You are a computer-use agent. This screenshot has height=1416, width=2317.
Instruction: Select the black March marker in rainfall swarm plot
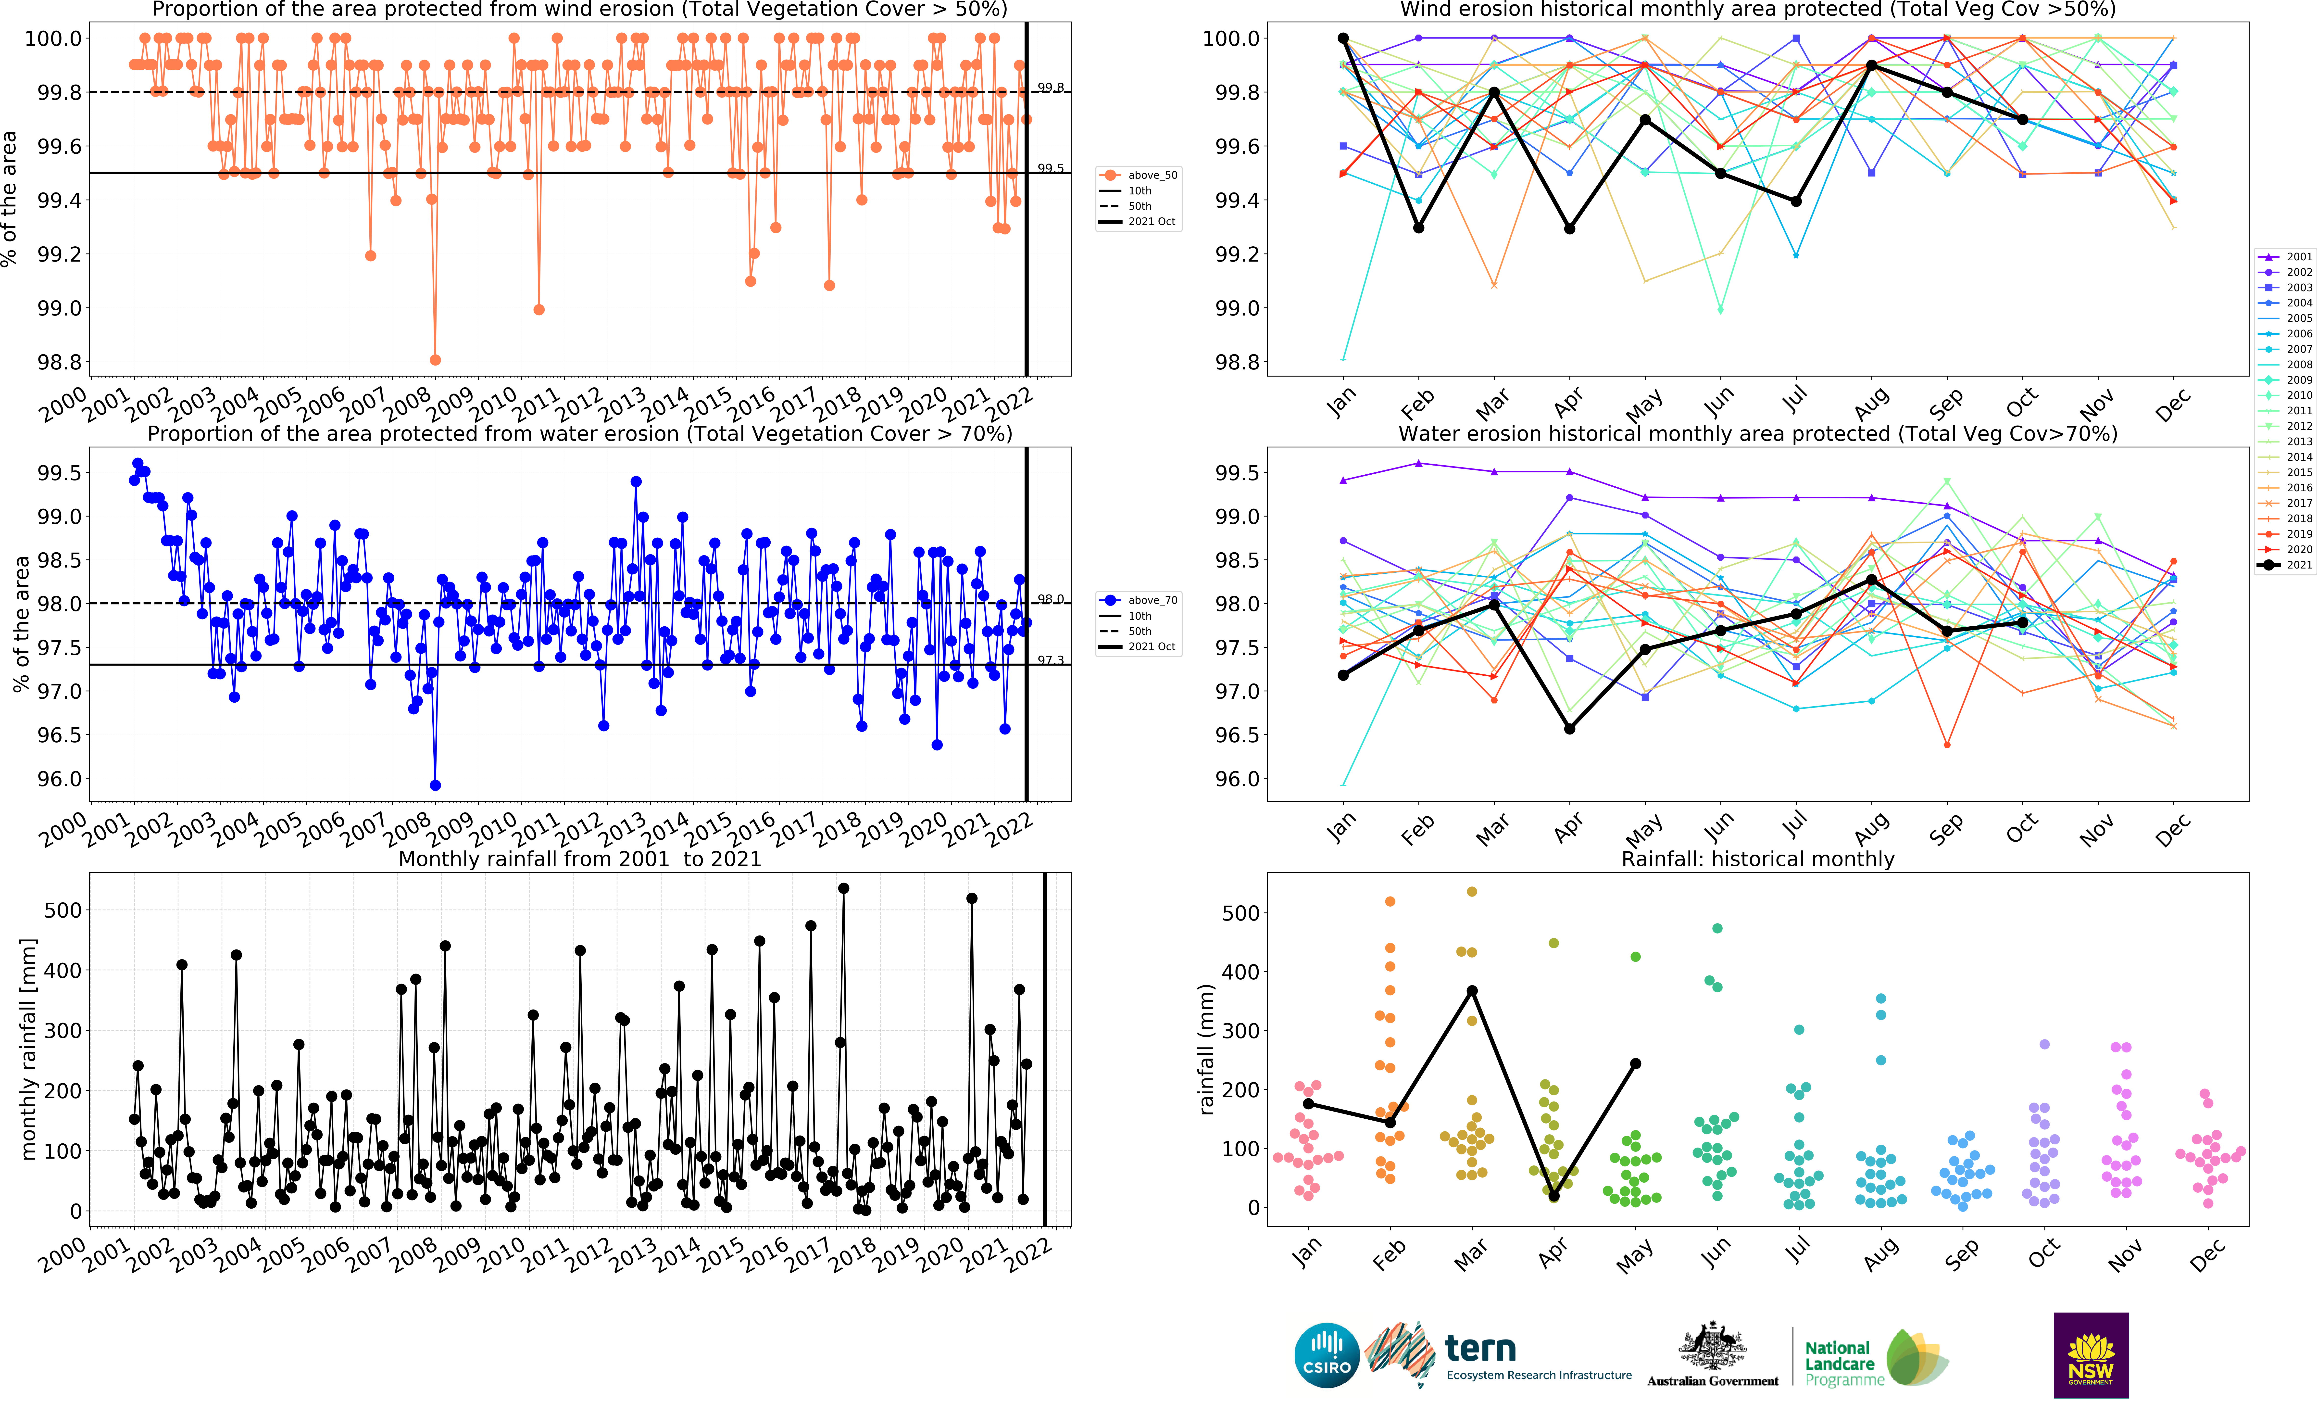(x=1473, y=991)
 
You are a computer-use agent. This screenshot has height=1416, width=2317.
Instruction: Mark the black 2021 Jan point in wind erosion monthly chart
(x=1343, y=38)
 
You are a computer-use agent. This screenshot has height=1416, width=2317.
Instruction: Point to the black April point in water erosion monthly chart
(x=1569, y=729)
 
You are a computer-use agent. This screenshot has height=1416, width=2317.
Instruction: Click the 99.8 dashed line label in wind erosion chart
(x=1050, y=88)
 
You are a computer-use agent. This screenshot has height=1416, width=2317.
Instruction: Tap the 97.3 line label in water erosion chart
(x=1050, y=660)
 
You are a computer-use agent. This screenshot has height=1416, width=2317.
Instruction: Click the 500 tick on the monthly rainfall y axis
(x=63, y=910)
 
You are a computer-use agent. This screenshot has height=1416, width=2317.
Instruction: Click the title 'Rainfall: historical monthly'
(x=1757, y=859)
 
